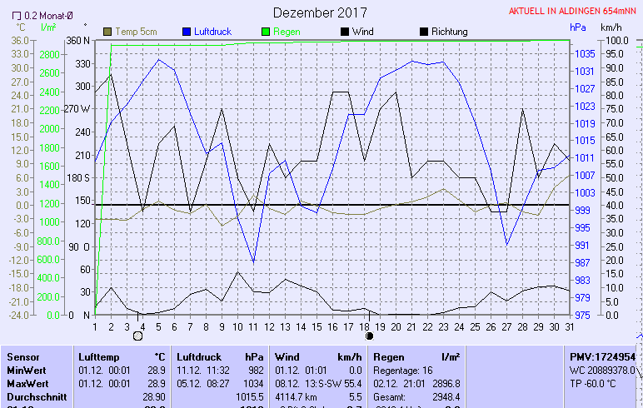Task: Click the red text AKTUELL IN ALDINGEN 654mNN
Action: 574,12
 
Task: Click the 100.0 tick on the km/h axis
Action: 616,41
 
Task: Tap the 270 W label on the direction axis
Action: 76,109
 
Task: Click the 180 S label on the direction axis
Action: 77,178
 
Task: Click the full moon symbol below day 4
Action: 139,336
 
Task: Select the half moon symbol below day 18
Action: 369,336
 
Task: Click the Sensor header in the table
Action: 23,356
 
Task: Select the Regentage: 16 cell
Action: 405,370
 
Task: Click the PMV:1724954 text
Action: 602,356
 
